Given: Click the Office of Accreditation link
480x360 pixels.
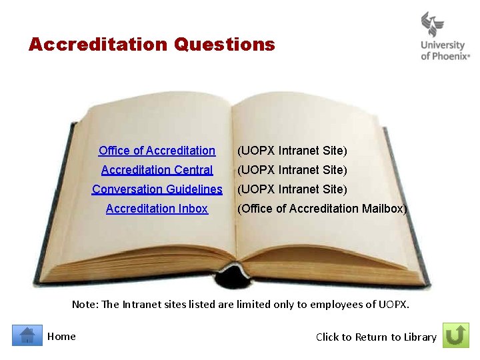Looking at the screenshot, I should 157,151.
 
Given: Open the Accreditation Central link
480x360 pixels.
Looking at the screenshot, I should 157,170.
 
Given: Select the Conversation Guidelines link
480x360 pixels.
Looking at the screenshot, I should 157,189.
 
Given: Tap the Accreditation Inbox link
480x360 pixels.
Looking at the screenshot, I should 157,209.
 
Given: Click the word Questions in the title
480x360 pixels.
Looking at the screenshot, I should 224,45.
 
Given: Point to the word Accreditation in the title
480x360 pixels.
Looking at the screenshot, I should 98,45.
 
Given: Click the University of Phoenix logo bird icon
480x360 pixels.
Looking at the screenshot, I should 433,25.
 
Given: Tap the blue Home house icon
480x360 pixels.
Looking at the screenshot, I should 27,335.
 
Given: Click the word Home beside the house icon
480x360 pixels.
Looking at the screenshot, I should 61,337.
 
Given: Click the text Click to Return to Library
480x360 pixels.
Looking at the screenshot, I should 376,337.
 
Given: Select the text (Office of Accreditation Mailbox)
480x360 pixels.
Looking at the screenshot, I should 322,209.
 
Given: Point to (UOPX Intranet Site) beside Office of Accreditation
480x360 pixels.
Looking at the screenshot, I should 293,151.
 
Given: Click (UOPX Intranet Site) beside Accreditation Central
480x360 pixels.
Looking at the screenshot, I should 293,170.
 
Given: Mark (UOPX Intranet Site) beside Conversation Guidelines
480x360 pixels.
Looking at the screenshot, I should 293,189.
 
